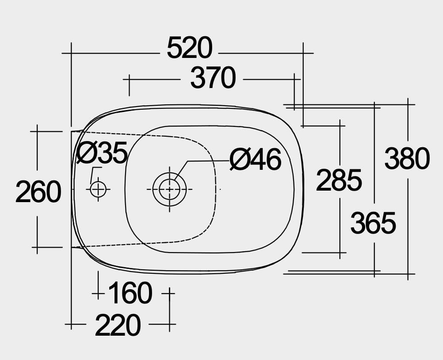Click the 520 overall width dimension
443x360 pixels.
point(189,48)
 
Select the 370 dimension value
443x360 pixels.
point(213,79)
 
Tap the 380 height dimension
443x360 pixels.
point(407,159)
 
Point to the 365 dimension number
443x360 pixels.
point(373,223)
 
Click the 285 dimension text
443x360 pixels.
point(339,180)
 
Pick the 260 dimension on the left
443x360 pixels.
point(38,192)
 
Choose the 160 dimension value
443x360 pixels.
point(130,293)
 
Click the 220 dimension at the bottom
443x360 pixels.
point(118,325)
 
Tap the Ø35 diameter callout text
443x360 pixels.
point(102,153)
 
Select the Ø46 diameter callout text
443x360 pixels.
point(256,160)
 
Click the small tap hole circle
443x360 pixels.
point(98,189)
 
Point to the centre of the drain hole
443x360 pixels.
point(169,189)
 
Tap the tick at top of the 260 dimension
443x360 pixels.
point(37,131)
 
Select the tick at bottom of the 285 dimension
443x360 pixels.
point(340,253)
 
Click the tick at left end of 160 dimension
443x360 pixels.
point(98,293)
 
